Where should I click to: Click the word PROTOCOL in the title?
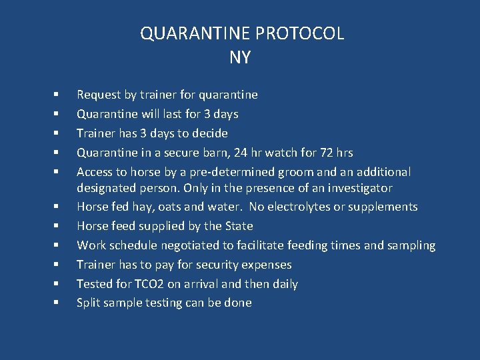[303, 33]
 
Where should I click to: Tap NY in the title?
[240, 57]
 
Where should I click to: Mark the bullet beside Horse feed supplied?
[58, 226]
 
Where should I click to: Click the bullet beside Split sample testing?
[58, 303]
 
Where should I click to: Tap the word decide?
[209, 133]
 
